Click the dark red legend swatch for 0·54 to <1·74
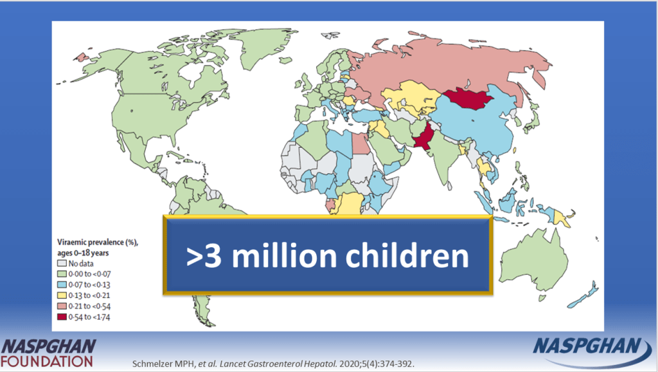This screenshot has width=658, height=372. point(62,317)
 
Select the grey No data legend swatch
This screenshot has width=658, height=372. point(62,263)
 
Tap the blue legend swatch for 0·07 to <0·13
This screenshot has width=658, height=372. point(62,284)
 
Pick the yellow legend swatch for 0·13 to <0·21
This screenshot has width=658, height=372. point(62,295)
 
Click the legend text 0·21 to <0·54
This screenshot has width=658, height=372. point(89,306)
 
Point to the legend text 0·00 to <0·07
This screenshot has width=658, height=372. point(89,274)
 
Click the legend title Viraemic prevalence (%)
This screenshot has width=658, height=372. point(98,243)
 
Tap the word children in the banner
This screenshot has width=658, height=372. point(407,256)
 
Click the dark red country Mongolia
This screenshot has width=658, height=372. point(468,98)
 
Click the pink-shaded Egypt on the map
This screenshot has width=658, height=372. point(360,144)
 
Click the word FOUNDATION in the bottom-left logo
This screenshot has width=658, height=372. point(46,361)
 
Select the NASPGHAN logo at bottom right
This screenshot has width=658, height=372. point(588,351)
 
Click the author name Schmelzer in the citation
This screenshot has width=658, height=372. point(150,364)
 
